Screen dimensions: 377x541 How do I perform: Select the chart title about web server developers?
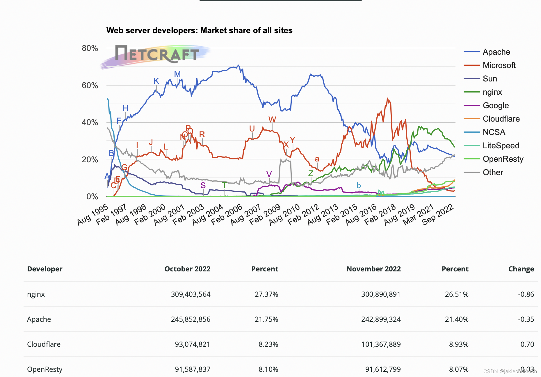point(199,31)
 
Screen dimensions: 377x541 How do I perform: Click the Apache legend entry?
point(496,52)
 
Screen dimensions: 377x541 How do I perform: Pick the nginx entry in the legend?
point(492,92)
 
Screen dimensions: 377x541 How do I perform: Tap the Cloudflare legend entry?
point(501,119)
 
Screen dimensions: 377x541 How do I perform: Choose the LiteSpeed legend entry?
point(501,146)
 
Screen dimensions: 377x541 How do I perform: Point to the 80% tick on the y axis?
point(90,48)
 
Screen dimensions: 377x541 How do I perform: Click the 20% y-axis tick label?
point(90,159)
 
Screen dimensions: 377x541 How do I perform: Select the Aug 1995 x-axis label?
point(92,215)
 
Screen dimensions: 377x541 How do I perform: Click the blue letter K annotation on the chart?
point(156,81)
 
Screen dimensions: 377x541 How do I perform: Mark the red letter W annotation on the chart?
point(272,120)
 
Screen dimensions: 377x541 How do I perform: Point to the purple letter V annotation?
point(269,174)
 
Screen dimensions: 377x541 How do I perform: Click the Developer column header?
point(45,269)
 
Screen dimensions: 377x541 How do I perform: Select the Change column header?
point(521,269)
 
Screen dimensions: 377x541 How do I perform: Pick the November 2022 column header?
point(373,269)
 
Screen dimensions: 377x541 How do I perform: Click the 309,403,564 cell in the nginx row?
point(191,294)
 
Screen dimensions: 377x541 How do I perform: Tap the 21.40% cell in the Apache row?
point(456,319)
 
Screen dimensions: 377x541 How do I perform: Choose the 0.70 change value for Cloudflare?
point(527,344)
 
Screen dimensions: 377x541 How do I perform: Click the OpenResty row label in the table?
point(45,369)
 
